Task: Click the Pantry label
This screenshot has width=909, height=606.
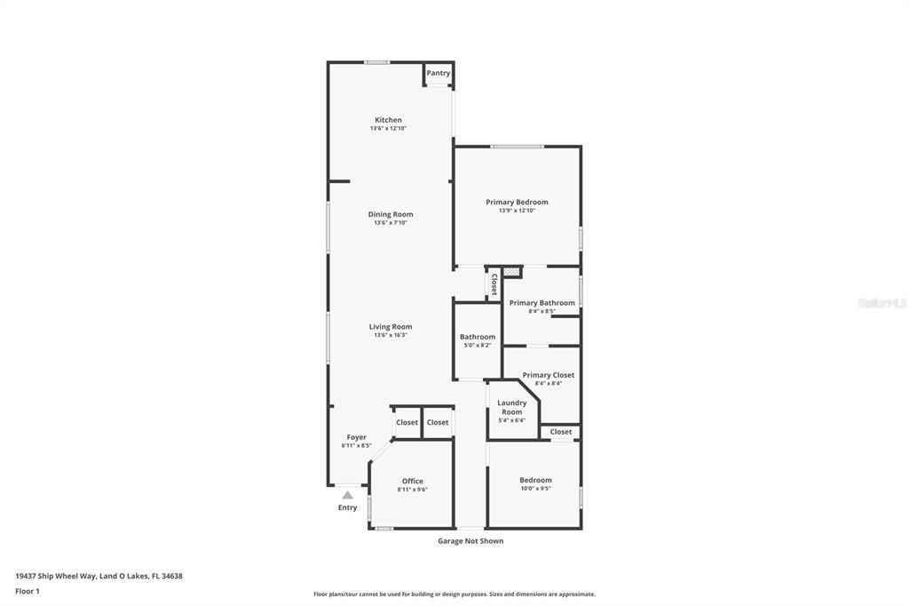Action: click(439, 73)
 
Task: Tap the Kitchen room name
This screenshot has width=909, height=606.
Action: click(388, 120)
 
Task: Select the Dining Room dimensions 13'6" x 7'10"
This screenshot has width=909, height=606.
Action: click(391, 223)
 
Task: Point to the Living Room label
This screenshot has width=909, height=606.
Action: click(391, 326)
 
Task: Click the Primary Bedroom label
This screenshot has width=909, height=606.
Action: click(517, 202)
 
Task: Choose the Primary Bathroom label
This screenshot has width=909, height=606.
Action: click(541, 302)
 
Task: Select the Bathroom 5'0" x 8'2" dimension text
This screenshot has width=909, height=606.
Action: click(478, 346)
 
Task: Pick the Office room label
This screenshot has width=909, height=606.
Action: click(413, 481)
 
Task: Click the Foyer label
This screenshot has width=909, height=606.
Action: click(356, 437)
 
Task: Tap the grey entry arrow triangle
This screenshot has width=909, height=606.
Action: click(348, 495)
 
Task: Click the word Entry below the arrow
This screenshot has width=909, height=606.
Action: click(348, 508)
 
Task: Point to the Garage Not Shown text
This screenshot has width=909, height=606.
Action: click(470, 540)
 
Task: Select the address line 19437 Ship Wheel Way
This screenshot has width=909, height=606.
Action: click(99, 576)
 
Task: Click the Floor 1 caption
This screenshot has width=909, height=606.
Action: click(28, 591)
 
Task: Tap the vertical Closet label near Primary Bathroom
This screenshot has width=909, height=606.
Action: click(494, 283)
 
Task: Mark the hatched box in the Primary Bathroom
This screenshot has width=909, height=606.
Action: click(511, 271)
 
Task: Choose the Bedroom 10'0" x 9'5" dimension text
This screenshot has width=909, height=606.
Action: click(535, 489)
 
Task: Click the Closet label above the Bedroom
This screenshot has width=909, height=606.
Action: click(561, 432)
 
